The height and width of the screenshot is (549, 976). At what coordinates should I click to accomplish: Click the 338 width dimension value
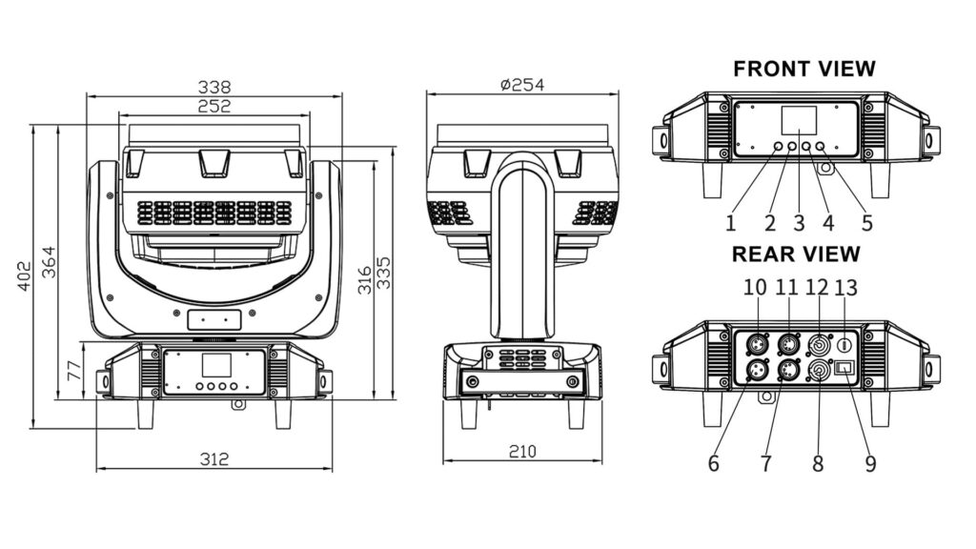214,87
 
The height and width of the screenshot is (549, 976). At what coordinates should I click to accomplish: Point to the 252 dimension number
214,107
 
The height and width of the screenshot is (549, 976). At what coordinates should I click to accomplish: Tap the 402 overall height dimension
24,275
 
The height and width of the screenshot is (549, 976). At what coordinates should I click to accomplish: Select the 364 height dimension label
49,263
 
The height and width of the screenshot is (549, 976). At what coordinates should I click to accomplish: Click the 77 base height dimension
74,371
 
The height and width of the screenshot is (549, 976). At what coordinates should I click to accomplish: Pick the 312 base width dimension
214,459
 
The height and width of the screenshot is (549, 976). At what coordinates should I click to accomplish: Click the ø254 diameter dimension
522,85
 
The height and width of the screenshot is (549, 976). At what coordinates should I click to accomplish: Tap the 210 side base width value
522,451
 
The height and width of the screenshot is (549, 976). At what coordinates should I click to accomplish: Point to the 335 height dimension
385,273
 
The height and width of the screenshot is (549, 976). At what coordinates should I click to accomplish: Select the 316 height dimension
365,280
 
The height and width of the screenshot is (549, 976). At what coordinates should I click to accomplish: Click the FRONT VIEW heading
804,69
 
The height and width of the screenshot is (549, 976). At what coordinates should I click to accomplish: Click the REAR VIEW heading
796,254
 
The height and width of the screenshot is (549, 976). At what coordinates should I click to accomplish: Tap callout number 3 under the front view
800,223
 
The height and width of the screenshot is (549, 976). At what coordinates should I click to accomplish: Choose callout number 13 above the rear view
846,288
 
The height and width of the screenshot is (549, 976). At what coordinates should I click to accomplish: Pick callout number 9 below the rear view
870,464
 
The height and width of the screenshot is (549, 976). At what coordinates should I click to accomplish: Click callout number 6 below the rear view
713,464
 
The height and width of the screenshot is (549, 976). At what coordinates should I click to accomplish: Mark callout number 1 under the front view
731,223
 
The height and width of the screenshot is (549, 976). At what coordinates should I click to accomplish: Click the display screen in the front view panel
800,119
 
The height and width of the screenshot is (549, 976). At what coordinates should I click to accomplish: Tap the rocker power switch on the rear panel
844,368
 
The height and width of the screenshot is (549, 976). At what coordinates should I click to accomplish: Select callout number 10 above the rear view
755,288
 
